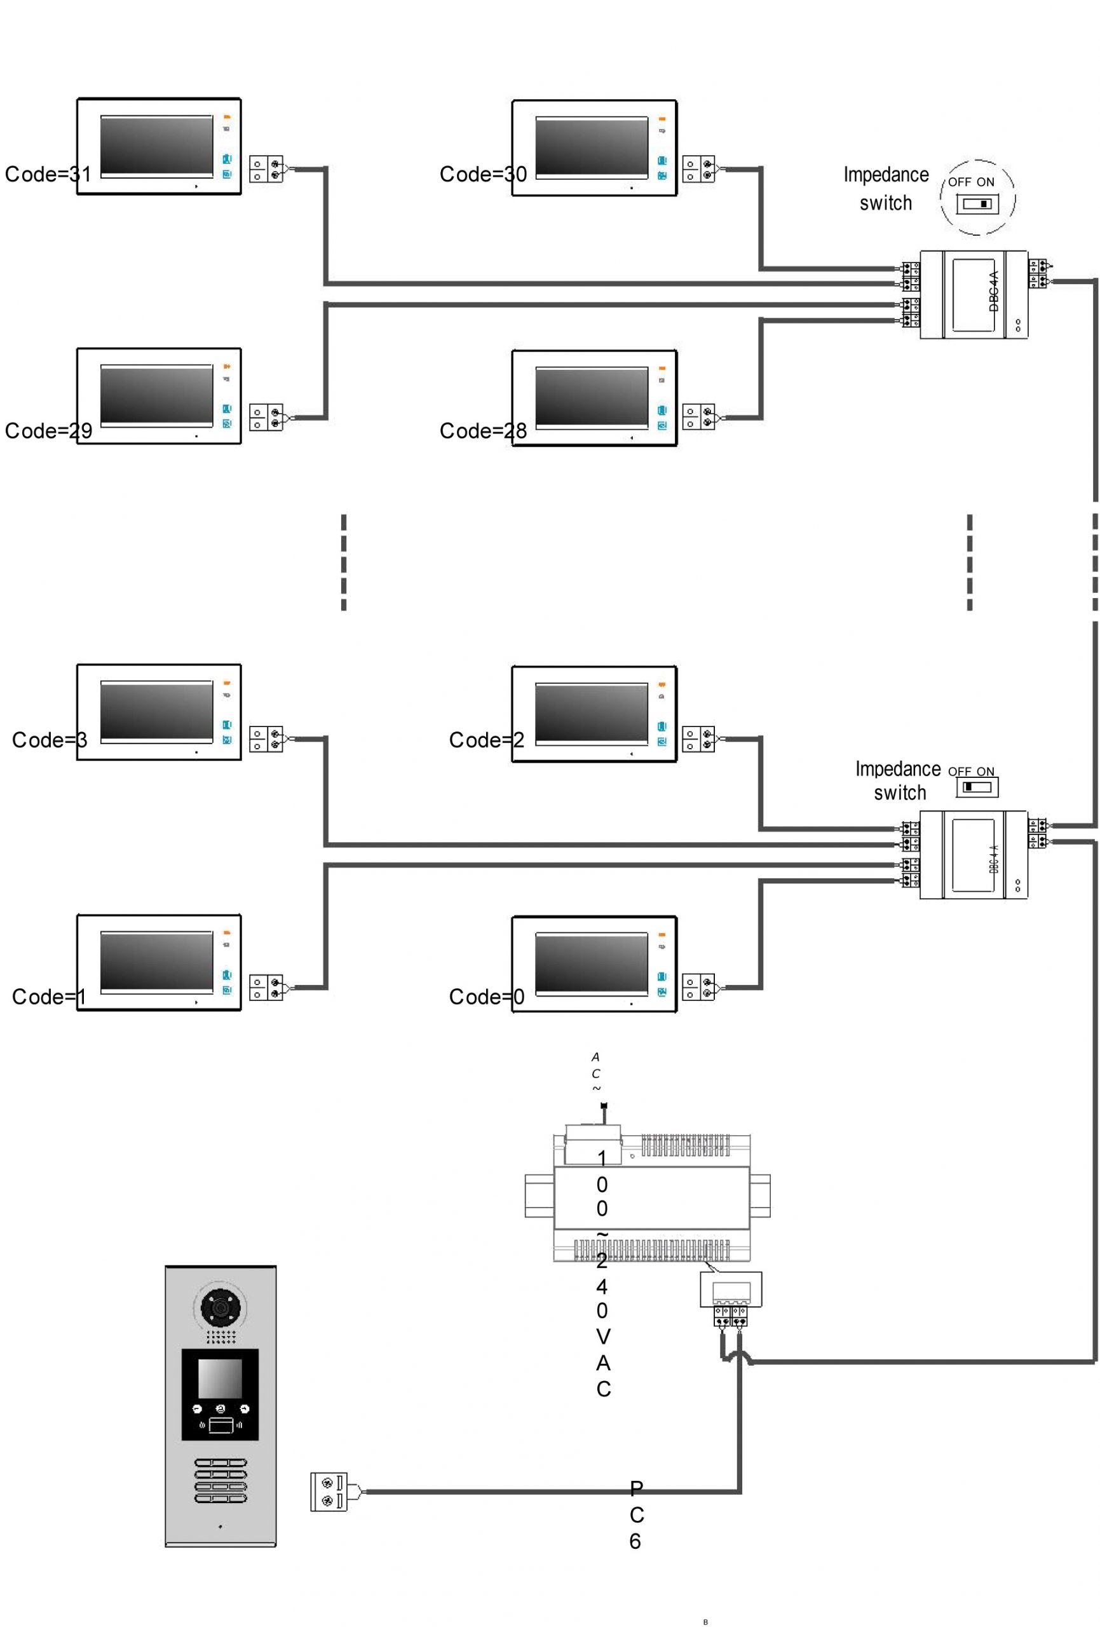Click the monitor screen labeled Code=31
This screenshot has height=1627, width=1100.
[156, 146]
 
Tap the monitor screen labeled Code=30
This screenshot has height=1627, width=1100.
[592, 147]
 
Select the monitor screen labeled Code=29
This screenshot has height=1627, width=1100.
[156, 395]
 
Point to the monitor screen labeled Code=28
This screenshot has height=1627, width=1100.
[592, 397]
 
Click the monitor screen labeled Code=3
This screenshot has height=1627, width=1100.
[156, 711]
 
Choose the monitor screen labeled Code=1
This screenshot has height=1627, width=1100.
[156, 961]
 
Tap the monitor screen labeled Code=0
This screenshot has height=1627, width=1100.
[592, 963]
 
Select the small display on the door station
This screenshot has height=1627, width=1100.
[220, 1379]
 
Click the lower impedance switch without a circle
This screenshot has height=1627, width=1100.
[977, 787]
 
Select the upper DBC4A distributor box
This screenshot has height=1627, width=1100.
[974, 295]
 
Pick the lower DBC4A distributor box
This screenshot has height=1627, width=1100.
[974, 854]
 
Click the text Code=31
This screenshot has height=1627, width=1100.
[48, 174]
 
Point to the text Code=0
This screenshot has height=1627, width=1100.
[486, 997]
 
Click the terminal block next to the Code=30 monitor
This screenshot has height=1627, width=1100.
[698, 168]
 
